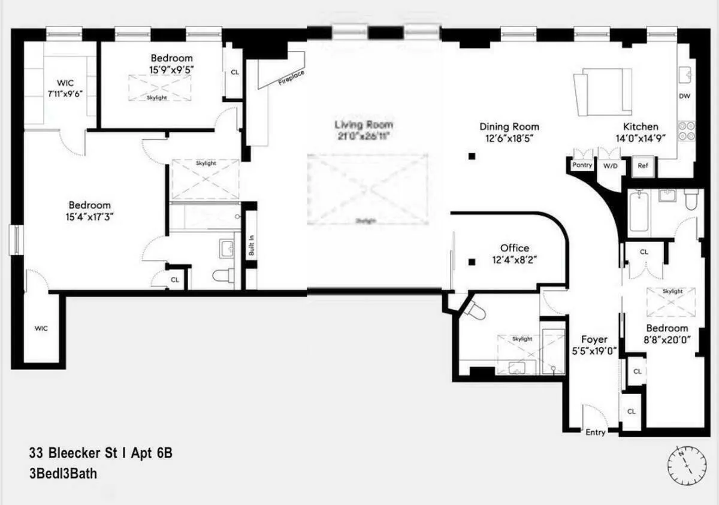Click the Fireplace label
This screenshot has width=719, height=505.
click(291, 78)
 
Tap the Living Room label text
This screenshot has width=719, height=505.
click(364, 125)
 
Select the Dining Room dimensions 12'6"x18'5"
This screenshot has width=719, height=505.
click(509, 138)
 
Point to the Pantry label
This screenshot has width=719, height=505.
click(582, 165)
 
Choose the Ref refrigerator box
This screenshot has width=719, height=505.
click(644, 166)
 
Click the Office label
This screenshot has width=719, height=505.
click(515, 248)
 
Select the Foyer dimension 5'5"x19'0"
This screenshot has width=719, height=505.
click(594, 351)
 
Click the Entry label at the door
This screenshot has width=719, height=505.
click(596, 433)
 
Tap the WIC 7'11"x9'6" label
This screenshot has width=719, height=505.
click(69, 94)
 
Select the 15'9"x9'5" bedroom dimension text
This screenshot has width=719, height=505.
click(172, 69)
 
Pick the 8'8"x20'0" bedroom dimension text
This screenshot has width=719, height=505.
click(667, 339)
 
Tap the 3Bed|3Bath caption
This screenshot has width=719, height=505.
click(62, 473)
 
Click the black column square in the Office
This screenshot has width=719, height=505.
click(472, 261)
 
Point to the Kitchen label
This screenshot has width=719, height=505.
click(641, 126)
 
